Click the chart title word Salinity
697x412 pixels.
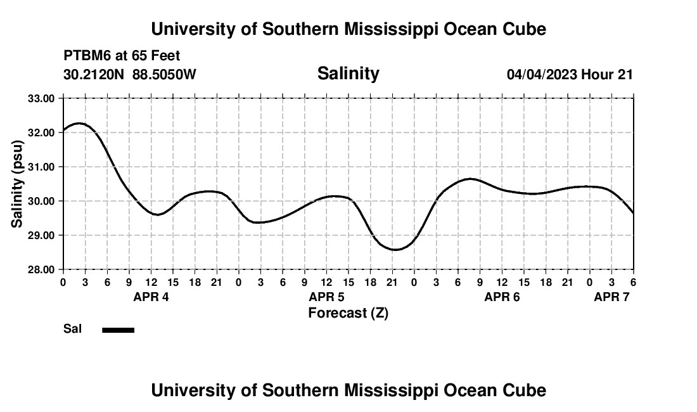(348, 74)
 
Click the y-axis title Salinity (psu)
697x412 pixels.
(17, 184)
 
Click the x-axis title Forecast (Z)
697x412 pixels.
(348, 312)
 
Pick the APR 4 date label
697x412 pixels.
(151, 297)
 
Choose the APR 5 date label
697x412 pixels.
(326, 297)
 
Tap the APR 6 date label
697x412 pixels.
(502, 297)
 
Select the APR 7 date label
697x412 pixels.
(611, 297)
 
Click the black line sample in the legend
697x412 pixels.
(118, 330)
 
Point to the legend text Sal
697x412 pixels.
(72, 329)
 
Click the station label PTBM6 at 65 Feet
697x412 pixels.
(122, 56)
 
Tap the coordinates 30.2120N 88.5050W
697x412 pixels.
(130, 74)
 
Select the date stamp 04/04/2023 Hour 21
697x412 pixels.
(570, 74)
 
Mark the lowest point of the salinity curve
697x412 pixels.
(395, 250)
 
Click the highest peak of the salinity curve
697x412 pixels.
(78, 123)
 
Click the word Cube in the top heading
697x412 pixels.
(525, 29)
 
